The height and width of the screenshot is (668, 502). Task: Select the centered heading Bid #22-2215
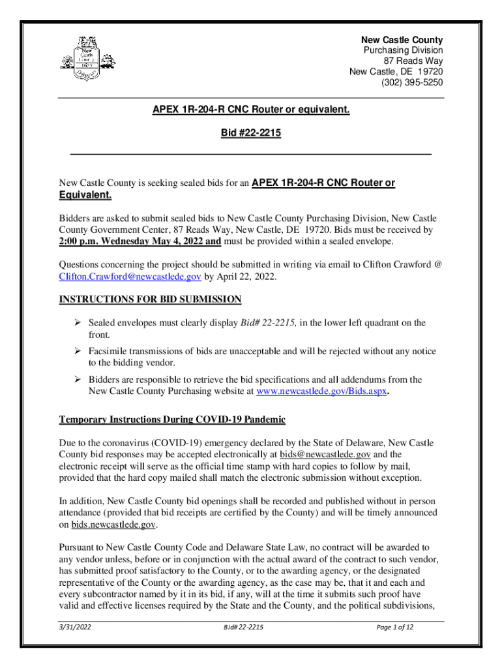coord(251,132)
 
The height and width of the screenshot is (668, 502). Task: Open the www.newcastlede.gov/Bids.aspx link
coord(323,391)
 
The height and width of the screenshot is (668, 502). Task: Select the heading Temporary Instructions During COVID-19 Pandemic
coord(173,419)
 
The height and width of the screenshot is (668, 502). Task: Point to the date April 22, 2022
coord(250,277)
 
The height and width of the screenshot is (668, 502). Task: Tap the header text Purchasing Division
coord(403,50)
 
